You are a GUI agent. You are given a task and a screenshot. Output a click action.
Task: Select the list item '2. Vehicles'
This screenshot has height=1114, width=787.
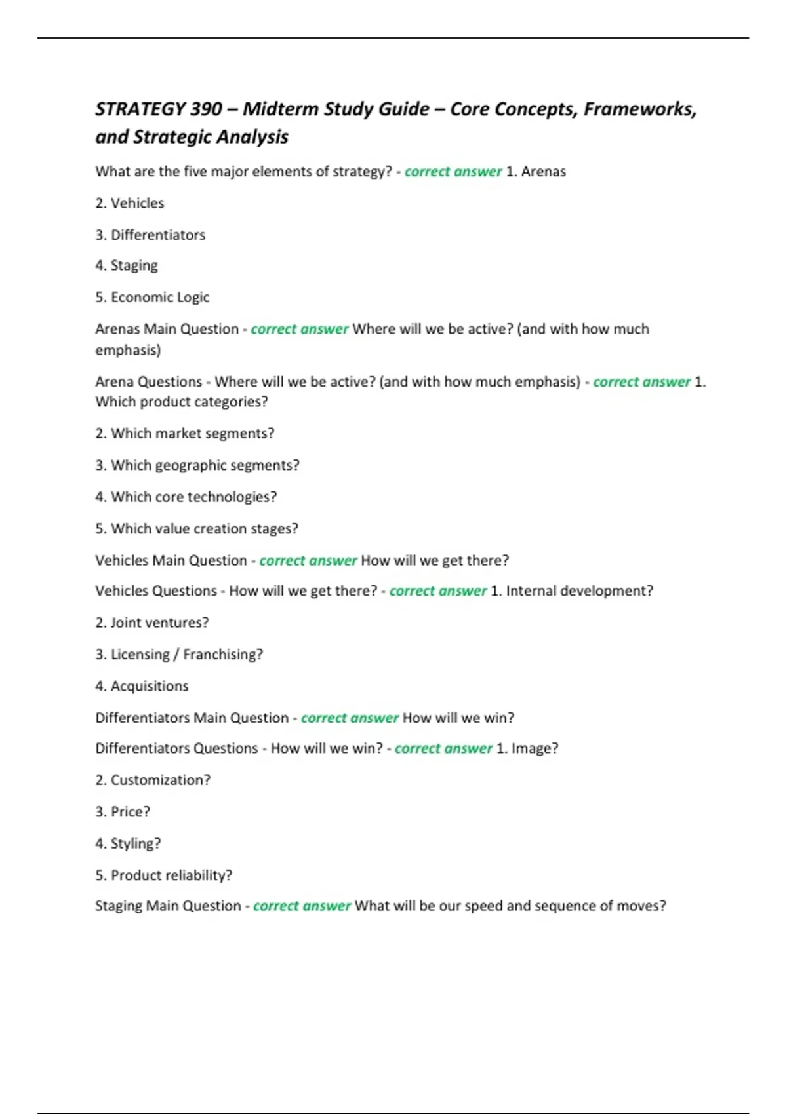130,203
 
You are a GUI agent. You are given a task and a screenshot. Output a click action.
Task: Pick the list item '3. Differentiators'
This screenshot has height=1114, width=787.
150,235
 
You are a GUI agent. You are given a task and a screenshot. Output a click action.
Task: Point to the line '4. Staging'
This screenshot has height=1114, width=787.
127,265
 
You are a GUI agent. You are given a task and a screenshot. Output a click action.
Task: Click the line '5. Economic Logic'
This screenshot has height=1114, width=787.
152,297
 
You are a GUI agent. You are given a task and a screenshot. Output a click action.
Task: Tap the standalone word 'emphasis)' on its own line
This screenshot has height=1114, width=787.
128,350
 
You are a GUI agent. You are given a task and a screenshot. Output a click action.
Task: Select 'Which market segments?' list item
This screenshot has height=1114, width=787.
192,433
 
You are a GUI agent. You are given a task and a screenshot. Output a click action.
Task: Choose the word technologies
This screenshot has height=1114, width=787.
236,497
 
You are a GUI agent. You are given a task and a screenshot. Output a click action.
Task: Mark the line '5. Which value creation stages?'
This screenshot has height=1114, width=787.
197,528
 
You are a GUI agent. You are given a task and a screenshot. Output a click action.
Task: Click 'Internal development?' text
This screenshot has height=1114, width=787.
579,591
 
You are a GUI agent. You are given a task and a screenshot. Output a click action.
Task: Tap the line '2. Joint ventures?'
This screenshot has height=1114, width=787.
152,623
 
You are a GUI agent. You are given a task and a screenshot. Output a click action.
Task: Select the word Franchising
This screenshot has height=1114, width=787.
223,654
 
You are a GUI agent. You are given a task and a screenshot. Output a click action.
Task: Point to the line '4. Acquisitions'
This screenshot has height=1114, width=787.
142,686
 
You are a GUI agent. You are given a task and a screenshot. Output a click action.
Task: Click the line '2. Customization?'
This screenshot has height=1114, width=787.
153,780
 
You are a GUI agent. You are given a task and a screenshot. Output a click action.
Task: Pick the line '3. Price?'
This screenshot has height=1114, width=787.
123,812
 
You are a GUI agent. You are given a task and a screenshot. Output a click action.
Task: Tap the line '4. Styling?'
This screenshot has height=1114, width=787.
128,843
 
